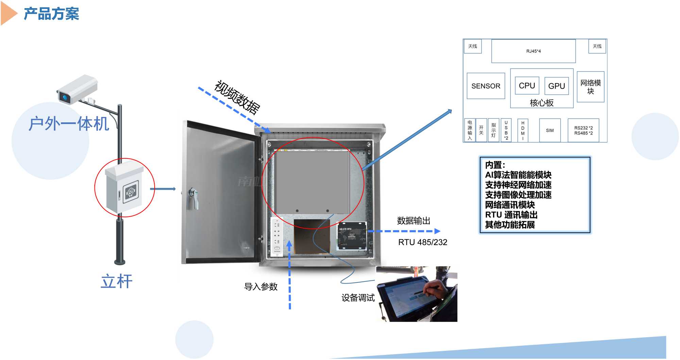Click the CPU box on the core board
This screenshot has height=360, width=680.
point(527,86)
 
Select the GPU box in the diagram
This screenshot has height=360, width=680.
point(556,86)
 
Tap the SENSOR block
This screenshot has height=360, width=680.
point(486,86)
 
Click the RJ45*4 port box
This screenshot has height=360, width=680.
point(533,51)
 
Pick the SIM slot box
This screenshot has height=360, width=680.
point(549,130)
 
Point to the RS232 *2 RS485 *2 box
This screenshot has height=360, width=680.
point(583,131)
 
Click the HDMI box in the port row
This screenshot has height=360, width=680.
point(523,131)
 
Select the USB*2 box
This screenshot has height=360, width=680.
point(506,130)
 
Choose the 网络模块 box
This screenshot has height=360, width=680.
point(590,87)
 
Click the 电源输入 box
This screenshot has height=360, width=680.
point(470,130)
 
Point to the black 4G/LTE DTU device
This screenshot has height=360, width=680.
point(352,236)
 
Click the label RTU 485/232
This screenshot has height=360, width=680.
point(422,242)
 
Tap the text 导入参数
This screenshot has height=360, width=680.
point(261,287)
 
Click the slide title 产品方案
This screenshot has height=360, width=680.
point(51,14)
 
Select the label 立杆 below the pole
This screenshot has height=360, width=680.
point(116,281)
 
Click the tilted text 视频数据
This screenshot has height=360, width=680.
point(237,97)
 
